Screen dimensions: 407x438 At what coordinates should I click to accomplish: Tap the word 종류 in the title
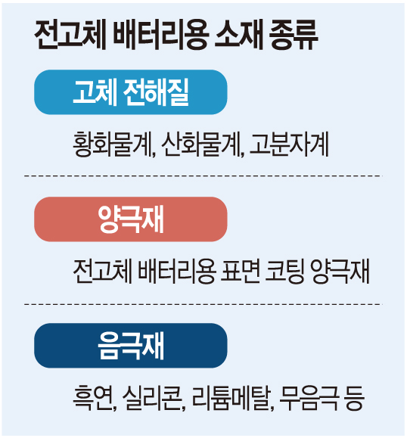pos(293,36)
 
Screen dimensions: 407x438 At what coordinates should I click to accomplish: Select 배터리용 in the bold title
pos(160,36)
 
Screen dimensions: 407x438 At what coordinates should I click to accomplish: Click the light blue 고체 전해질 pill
pos(130,92)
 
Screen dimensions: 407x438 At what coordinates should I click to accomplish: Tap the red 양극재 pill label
pos(130,219)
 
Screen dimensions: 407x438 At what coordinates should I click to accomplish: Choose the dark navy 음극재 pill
pos(130,346)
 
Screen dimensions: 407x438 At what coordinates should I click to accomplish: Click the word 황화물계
pos(114,144)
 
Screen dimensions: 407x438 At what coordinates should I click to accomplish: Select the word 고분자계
pos(289,144)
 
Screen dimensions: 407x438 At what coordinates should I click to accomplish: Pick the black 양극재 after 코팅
pos(340,272)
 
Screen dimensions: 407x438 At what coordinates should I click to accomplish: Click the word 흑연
pos(95,398)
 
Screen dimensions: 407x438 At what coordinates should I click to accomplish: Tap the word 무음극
pos(309,398)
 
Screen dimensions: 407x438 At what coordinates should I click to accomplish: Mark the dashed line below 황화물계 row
pos(203,176)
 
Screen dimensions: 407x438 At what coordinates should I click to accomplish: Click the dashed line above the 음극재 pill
pos(203,304)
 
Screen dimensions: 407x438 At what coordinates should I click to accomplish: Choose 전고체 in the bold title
pos(70,36)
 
